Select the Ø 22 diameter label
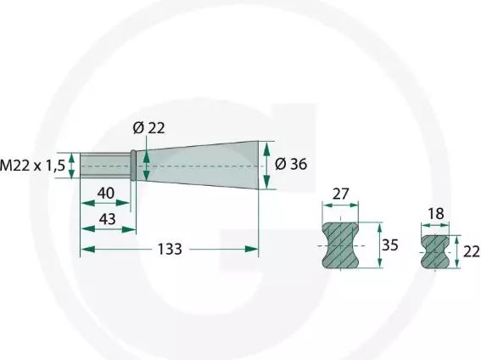(x=148, y=128)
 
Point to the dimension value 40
(x=106, y=193)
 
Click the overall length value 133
(x=171, y=249)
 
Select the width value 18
(x=437, y=217)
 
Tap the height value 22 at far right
(x=471, y=251)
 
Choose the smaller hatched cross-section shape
(x=437, y=252)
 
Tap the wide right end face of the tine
(x=256, y=164)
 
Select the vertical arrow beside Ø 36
(x=268, y=164)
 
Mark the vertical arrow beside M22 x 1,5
(x=73, y=165)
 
